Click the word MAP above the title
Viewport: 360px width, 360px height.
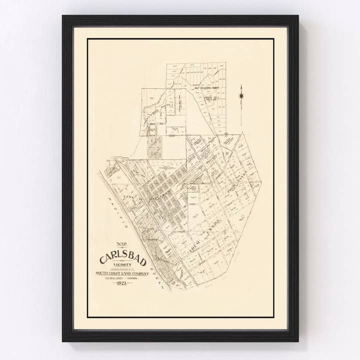point(121,244)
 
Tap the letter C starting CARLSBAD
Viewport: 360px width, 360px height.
point(103,259)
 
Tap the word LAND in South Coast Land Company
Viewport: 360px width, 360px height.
point(123,273)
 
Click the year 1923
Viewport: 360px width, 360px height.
point(121,283)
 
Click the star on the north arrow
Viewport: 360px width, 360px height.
point(241,95)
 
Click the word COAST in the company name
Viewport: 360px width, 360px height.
point(113,273)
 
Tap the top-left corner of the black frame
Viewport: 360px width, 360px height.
point(63,16)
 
